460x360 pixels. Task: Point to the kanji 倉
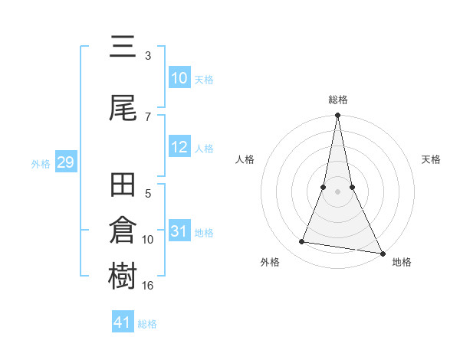point(123,231)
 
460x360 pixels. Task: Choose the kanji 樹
point(123,277)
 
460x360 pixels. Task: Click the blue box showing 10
point(179,78)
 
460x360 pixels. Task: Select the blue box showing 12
point(179,148)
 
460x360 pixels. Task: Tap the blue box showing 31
point(179,232)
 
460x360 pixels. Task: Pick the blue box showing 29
point(65,162)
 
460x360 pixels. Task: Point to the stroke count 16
point(148,286)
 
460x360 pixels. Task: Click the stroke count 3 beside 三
point(148,56)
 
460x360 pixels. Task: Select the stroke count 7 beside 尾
point(148,116)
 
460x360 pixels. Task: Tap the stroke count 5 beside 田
point(148,194)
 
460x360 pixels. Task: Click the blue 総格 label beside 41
point(147,324)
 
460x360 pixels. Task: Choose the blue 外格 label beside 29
point(41,164)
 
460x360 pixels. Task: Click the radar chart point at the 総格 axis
point(337,116)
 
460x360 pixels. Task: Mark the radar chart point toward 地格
point(382,252)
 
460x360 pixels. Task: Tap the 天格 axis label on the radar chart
point(432,159)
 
